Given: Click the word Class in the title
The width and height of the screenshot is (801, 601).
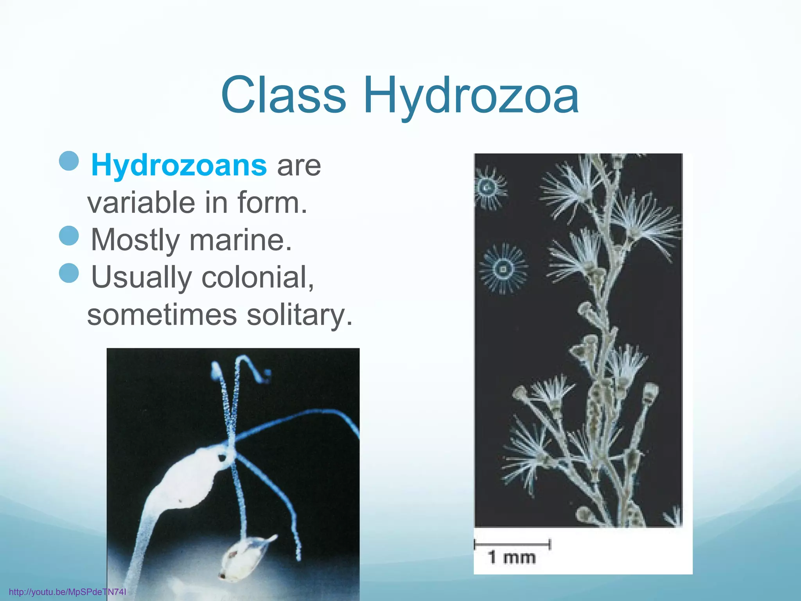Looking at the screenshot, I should pos(284,95).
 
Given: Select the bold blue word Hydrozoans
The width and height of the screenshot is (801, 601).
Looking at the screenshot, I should pos(179,165).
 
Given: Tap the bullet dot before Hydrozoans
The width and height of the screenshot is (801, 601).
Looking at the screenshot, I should pos(69,160).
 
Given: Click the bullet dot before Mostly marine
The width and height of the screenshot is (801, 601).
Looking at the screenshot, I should pos(69,236).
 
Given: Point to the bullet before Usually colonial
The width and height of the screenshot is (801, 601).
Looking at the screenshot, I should pos(69,272).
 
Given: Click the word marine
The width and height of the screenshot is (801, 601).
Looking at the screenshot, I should pos(240,239).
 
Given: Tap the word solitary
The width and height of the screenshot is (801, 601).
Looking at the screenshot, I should pos(299,315).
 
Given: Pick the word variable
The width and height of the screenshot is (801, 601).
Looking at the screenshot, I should pos(141,202).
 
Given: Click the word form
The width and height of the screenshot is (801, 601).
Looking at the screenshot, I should pos(271,202).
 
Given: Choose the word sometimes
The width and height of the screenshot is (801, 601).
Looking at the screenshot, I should pos(162,315).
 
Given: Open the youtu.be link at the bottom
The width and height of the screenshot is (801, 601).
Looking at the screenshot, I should pos(67,592).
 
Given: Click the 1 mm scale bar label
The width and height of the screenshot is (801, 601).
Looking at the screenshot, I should pos(512,557).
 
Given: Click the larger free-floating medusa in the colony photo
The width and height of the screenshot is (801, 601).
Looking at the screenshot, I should pos(503,268).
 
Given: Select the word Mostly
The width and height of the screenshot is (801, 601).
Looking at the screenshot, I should pos(135,239).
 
